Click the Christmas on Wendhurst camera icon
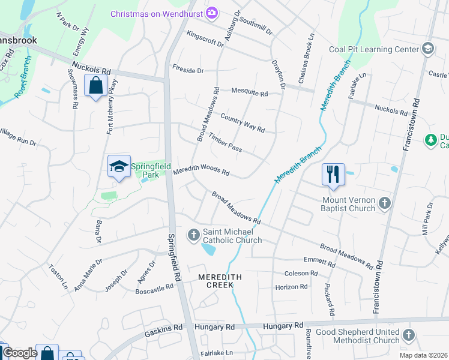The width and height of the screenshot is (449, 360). tap(211, 13)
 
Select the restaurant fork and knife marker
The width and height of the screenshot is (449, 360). tap(333, 175)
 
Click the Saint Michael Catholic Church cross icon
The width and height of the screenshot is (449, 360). tap(194, 235)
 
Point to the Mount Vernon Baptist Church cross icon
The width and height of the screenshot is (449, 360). tap(384, 204)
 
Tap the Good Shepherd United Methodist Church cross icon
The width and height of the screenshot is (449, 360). tap(409, 335)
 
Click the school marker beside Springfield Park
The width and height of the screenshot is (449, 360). tap(119, 166)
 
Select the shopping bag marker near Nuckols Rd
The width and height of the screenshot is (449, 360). tap(96, 86)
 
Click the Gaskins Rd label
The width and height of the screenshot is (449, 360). tap(170, 328)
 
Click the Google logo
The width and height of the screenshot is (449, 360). tap(19, 353)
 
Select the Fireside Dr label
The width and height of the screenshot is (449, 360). tap(188, 70)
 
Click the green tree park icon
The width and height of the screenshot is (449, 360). tap(430, 140)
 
